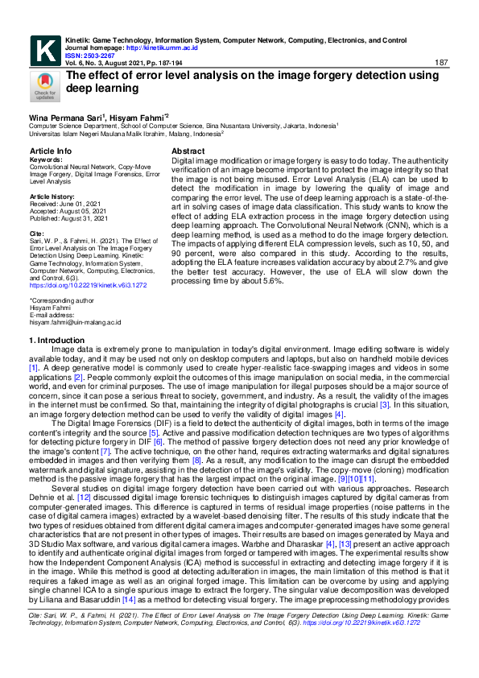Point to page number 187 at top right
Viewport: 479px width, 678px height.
click(x=440, y=63)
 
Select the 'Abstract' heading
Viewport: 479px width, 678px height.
click(x=188, y=151)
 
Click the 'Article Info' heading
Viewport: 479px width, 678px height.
click(x=51, y=151)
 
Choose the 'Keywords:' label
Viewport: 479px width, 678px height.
click(x=46, y=159)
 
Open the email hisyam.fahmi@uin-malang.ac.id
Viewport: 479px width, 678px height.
click(x=75, y=322)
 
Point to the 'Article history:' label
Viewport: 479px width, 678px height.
click(x=54, y=196)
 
